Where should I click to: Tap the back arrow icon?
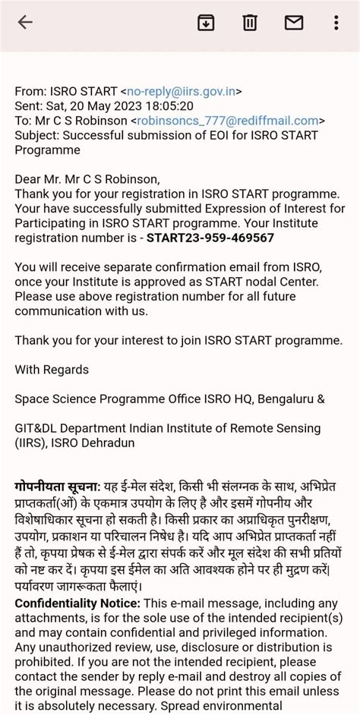tap(25, 23)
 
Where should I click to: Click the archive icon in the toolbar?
tap(206, 23)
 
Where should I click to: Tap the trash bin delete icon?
tap(250, 23)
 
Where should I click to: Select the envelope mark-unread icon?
tap(293, 23)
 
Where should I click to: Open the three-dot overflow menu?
tap(336, 23)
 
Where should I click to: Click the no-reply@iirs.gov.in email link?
tap(183, 92)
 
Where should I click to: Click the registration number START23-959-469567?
tap(210, 238)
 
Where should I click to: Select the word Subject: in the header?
tap(36, 135)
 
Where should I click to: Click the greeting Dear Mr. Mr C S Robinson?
tap(87, 179)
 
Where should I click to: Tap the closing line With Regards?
tap(52, 370)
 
